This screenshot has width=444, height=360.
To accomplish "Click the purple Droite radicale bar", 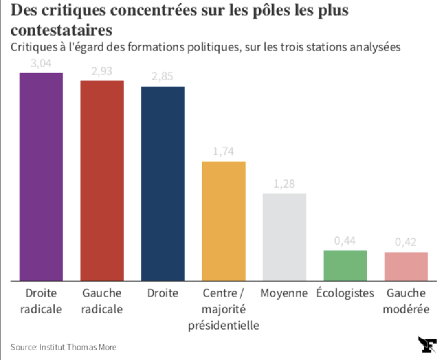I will (41, 177).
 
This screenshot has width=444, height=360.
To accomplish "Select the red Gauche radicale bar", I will (102, 181).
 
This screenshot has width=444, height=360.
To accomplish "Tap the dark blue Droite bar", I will (163, 184).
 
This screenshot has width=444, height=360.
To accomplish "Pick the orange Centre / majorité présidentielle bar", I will (224, 221).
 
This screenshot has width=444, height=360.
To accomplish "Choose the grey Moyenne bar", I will (284, 237).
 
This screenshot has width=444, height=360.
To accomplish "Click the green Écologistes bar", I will (345, 265).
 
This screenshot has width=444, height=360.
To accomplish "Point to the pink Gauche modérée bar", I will (406, 266).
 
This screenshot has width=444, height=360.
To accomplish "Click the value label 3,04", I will (41, 64).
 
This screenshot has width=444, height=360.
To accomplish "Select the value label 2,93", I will (102, 71).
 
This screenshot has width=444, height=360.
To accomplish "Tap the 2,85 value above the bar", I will (163, 77).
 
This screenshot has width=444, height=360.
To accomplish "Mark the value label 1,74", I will (224, 152).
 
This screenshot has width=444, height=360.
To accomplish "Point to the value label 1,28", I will (284, 184).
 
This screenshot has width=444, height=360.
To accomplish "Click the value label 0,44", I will (345, 241).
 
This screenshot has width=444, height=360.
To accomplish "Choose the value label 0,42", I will (406, 242).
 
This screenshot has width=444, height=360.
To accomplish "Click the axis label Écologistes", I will (345, 293).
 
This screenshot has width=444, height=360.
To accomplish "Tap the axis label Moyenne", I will (284, 293).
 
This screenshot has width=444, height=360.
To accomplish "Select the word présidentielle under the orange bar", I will (224, 325).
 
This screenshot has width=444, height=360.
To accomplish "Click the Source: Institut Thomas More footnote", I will (63, 347).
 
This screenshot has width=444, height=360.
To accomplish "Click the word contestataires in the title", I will (61, 30).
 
